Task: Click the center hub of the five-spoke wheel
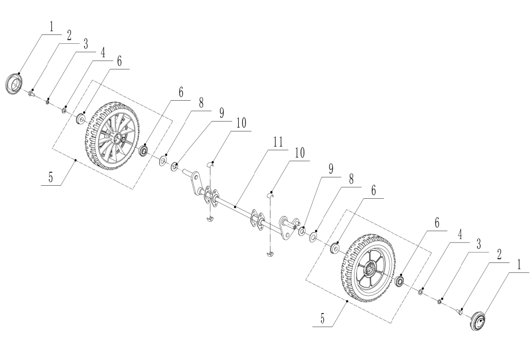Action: tap(369, 269)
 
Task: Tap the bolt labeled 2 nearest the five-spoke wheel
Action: tap(460, 311)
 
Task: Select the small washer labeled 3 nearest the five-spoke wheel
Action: tap(440, 302)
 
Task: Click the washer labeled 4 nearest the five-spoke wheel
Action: tap(420, 292)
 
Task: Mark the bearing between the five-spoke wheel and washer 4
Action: tap(400, 282)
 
